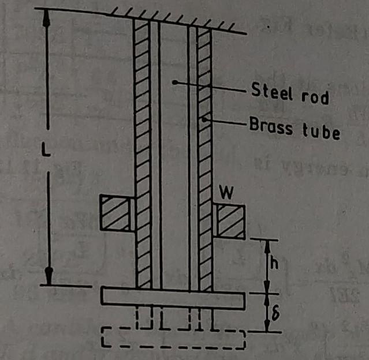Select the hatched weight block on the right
click(230, 222)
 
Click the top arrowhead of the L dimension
click(47, 16)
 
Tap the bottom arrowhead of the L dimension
click(50, 277)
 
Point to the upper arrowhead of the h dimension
click(267, 246)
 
